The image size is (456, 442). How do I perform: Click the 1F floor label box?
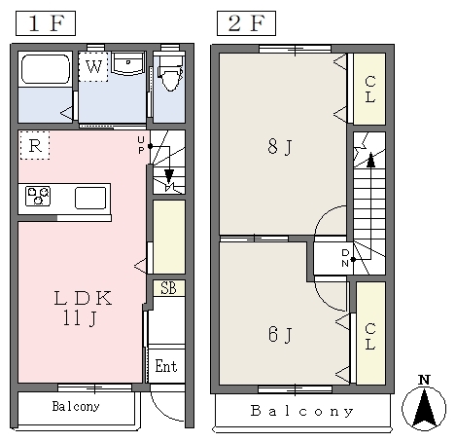(46, 23)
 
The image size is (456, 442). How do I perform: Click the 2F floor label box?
(246, 23)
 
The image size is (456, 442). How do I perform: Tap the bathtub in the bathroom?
(46, 69)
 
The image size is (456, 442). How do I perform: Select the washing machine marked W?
(93, 66)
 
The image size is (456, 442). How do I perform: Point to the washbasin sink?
(128, 63)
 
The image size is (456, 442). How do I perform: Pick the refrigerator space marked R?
(35, 145)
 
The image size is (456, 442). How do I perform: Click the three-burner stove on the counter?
(38, 196)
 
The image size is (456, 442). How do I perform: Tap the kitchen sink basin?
(90, 198)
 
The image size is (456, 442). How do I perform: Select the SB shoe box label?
(168, 288)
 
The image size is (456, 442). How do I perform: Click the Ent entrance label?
(166, 366)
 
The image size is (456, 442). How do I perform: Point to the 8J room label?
(280, 147)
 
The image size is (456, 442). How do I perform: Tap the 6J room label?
(280, 334)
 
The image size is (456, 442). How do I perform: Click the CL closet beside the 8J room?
(369, 89)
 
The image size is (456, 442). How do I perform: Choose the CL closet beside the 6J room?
(370, 333)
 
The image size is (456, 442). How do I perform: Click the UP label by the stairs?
(141, 145)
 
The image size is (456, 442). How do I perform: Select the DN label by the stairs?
(345, 258)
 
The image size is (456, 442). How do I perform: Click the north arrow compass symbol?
(424, 403)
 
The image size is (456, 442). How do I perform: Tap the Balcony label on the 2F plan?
(301, 411)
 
